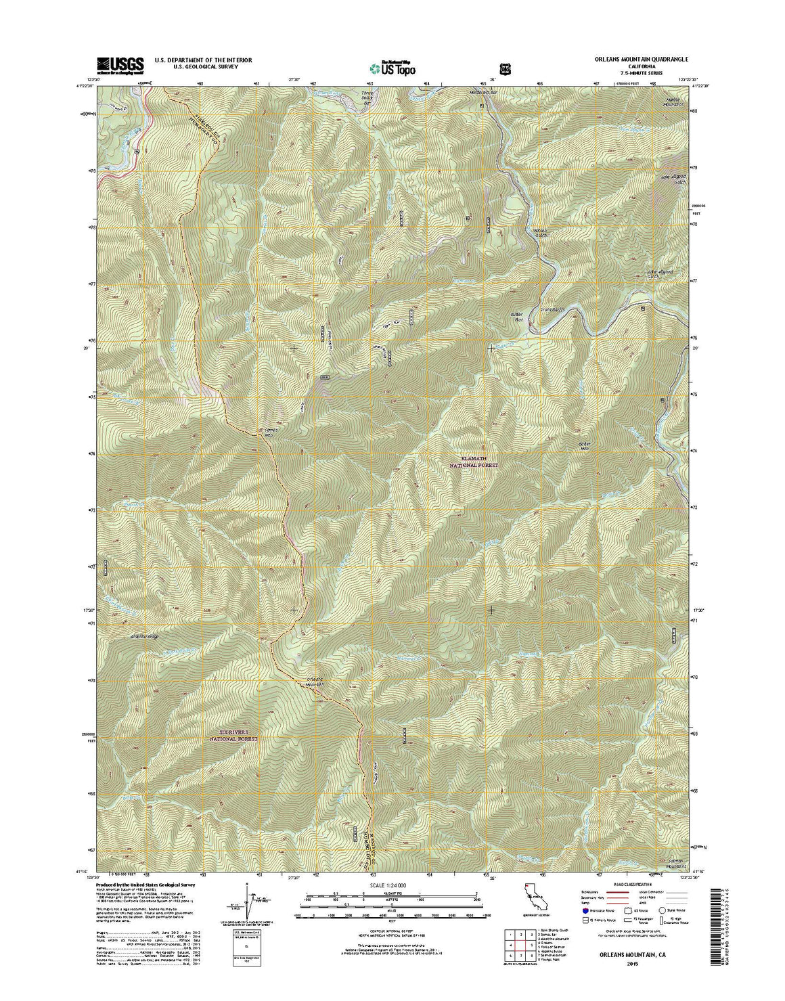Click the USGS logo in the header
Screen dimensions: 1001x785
coord(120,65)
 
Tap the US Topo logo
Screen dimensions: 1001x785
coord(392,67)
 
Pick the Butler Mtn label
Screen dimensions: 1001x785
coord(585,447)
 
